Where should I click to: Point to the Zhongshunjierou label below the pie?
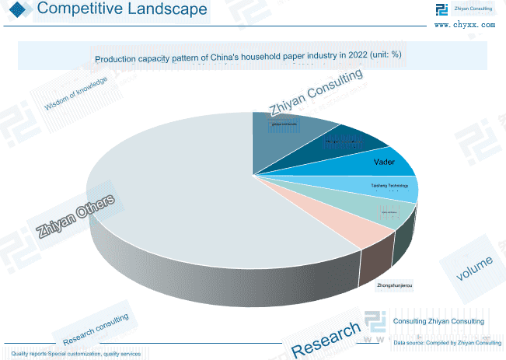point(394,287)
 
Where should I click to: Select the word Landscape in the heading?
point(172,9)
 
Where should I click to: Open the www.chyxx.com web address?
point(464,25)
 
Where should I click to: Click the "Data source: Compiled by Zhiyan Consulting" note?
point(447,342)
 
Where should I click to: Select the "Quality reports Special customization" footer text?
point(76,354)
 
